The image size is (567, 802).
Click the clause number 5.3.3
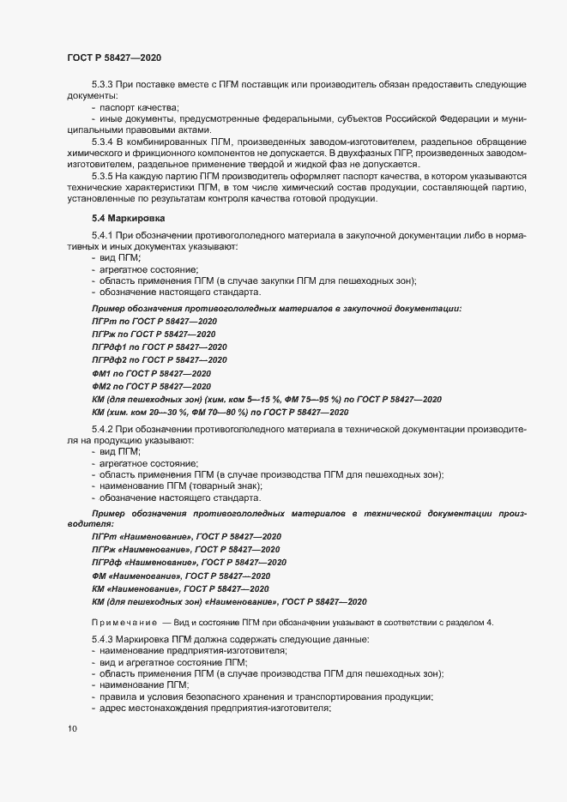(104, 86)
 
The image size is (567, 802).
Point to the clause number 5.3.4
(104, 140)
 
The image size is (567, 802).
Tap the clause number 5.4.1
(104, 236)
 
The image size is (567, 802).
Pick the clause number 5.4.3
(104, 641)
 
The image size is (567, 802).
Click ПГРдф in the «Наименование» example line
(109, 562)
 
